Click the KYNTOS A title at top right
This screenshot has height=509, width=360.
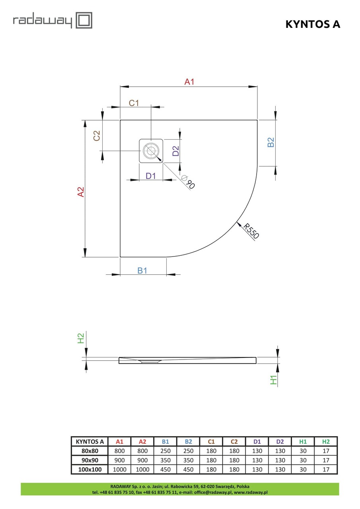pos(313,24)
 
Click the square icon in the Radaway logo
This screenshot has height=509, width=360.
pos(84,20)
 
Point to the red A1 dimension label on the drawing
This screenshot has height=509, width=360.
pos(189,82)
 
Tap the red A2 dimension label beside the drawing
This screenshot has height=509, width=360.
pos(81,192)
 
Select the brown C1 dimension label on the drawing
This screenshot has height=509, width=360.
pos(134,103)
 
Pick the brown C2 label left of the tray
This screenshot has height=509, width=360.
pos(97,136)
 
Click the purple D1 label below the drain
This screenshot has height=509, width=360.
pos(151,176)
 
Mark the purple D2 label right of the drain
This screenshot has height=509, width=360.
pos(176,151)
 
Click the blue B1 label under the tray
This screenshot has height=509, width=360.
pos(142,270)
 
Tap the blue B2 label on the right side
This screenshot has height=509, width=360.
pos(270,142)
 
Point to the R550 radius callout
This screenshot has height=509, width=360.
pos(251,231)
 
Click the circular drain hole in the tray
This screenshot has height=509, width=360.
pos(151,151)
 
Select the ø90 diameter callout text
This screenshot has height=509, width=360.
pos(188,182)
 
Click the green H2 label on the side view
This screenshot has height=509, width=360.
pos(81,338)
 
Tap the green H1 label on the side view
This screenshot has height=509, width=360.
pos(273,380)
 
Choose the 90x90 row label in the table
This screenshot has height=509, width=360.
pos(90,460)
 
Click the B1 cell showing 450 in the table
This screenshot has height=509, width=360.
pos(165,469)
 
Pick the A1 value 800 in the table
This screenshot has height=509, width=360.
pos(120,451)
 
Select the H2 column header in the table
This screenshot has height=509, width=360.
pos(326,441)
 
